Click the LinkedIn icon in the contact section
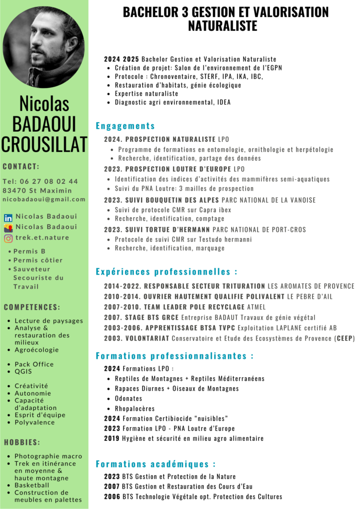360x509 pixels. click(x=8, y=218)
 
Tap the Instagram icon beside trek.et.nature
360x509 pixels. click(x=8, y=238)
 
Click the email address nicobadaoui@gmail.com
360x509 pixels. click(x=44, y=199)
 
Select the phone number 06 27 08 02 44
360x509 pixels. click(x=49, y=181)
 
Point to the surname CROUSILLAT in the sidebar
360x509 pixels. click(x=44, y=144)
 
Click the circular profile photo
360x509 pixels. click(x=44, y=47)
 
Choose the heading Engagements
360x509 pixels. click(x=125, y=126)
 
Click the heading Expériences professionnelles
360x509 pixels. click(x=166, y=272)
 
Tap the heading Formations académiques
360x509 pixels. click(x=156, y=464)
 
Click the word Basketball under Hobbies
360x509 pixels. click(x=32, y=485)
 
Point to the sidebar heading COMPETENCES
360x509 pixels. click(x=32, y=307)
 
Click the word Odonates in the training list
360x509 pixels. click(x=128, y=399)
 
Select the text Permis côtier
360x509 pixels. click(x=38, y=260)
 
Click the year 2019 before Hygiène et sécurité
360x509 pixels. click(x=111, y=438)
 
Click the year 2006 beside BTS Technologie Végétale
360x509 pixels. click(x=111, y=497)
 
